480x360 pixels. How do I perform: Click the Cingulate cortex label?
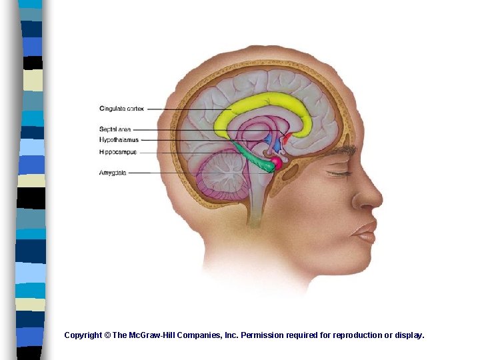click(x=121, y=109)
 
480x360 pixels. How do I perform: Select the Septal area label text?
click(x=115, y=129)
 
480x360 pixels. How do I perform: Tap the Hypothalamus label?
click(x=119, y=140)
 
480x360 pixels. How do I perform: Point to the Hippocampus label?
click(x=118, y=152)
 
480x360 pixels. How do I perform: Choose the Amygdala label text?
click(x=113, y=173)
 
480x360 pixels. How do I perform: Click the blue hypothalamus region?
click(x=274, y=143)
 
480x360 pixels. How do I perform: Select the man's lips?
click(x=365, y=231)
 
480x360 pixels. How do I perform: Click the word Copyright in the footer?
click(x=83, y=335)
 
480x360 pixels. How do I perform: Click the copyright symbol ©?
click(x=107, y=335)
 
